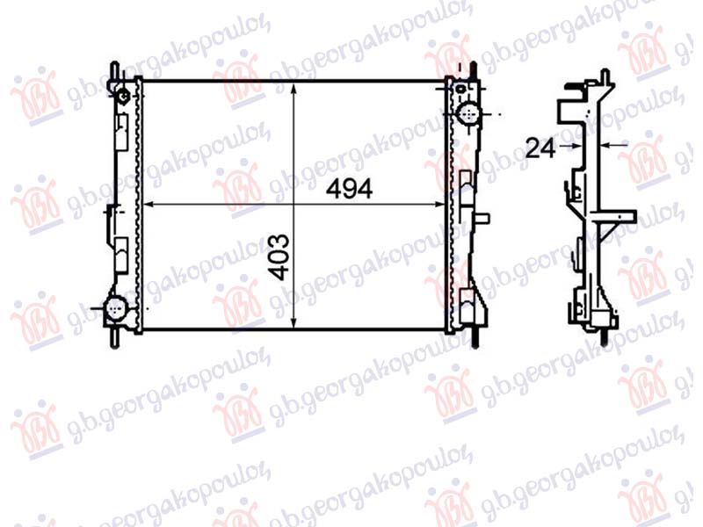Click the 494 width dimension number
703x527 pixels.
350,188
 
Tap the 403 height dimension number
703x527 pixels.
279,257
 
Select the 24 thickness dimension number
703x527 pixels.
540,148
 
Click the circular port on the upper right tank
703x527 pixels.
467,112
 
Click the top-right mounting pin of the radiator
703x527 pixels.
475,70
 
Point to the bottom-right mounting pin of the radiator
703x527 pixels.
475,336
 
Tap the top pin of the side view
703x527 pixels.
604,74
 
